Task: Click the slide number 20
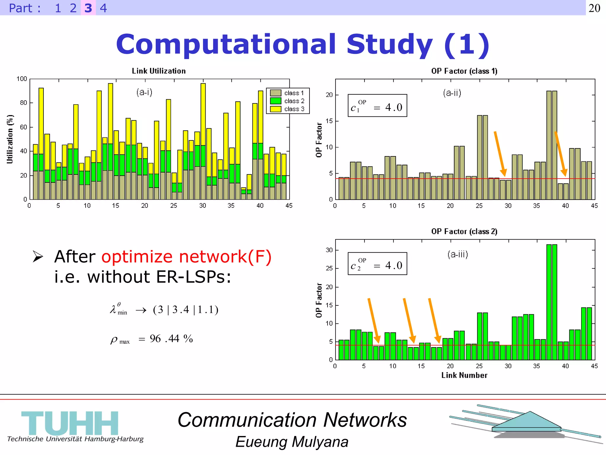coord(594,8)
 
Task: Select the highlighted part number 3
coord(88,8)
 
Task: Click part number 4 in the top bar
coord(103,8)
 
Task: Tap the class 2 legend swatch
coord(275,101)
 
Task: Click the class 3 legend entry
coord(294,109)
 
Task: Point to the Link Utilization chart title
coord(159,71)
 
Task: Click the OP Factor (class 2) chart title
coord(464,231)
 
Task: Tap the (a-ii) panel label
coord(452,93)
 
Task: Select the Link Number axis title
coord(464,375)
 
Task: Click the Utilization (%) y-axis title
coord(10,139)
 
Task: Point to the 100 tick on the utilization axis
coord(22,79)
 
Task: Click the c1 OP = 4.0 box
coord(377,106)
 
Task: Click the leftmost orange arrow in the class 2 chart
coord(373,321)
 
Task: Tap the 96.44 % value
coord(171,339)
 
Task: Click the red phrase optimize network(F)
coord(186,257)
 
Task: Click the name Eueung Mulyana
coord(292,442)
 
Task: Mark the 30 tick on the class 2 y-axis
coord(329,250)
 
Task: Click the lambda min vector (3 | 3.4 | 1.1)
coord(186,310)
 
